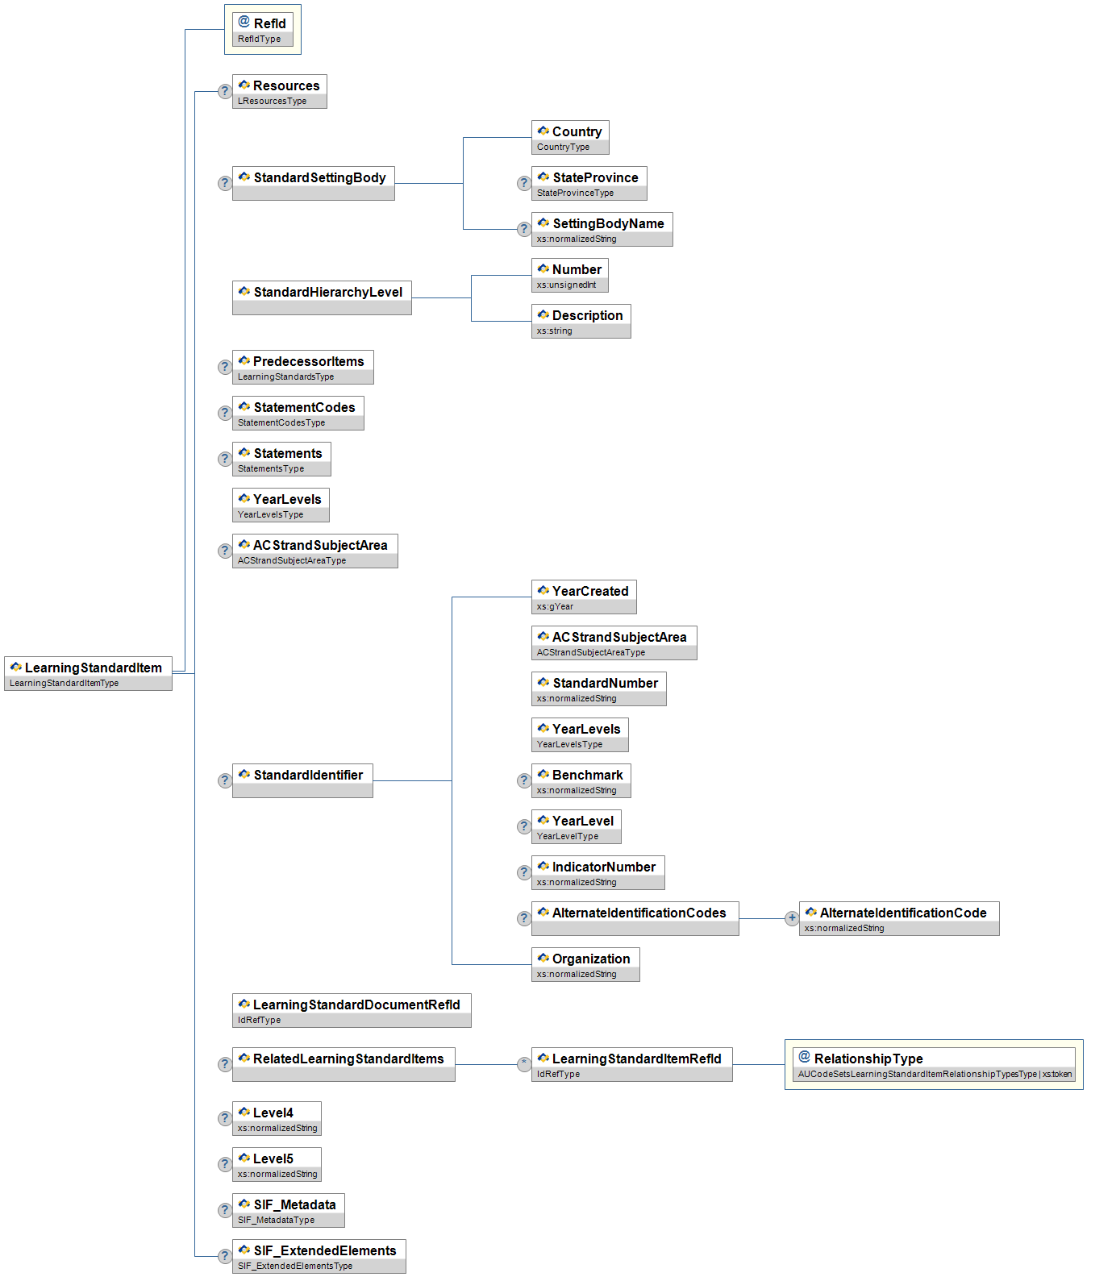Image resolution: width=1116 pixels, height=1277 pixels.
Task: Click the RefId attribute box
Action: pos(262,29)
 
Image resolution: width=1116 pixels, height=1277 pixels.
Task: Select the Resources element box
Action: pos(279,90)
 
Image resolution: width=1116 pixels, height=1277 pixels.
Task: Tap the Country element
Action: pos(570,136)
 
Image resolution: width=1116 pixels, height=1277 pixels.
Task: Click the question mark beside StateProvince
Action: pos(524,183)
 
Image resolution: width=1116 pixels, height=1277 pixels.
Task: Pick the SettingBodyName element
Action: pos(602,228)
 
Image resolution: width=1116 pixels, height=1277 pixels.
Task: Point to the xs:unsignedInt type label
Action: pos(566,285)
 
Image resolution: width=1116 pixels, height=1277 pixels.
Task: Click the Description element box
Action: pos(581,320)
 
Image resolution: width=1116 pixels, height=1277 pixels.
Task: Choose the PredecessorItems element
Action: pos(302,366)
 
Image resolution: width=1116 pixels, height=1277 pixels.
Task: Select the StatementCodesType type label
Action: pos(281,422)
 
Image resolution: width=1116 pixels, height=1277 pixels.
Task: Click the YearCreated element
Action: pos(584,596)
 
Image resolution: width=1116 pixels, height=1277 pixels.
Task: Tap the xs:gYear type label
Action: pos(555,606)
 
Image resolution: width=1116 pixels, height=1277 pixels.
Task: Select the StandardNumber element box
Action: pos(598,688)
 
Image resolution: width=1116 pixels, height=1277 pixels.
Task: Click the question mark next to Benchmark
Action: pos(524,780)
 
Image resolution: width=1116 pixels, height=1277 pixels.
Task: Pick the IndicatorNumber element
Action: pos(598,871)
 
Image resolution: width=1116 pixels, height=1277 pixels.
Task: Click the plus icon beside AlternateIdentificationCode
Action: pos(792,918)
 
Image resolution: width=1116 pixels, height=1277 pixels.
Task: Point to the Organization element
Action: pos(585,963)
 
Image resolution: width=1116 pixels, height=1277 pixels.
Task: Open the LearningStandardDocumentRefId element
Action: pos(352,1009)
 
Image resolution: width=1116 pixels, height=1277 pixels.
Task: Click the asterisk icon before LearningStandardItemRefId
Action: pos(524,1064)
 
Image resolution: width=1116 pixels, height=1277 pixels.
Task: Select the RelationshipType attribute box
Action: pos(934,1063)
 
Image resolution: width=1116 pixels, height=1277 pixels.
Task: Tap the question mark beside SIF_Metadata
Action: pos(225,1210)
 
